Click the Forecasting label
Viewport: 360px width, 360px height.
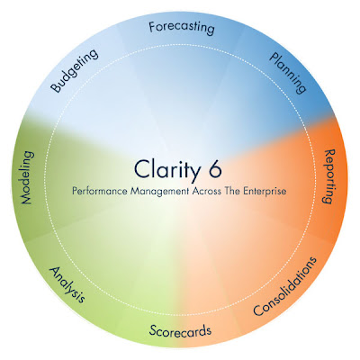pyautogui.click(x=182, y=28)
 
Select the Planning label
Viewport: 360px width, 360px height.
pyautogui.click(x=288, y=73)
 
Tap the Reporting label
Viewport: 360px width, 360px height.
pyautogui.click(x=328, y=176)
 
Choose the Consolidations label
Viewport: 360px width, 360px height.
pyautogui.click(x=284, y=286)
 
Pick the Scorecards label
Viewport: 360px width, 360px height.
pyautogui.click(x=180, y=330)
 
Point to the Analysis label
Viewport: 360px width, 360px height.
pyautogui.click(x=67, y=284)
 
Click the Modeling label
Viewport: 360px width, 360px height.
pyautogui.click(x=27, y=177)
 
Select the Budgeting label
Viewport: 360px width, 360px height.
pyautogui.click(x=74, y=70)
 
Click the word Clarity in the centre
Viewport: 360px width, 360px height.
pyautogui.click(x=166, y=170)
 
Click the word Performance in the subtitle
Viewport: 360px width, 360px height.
pyautogui.click(x=100, y=191)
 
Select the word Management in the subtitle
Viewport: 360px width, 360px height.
pyautogui.click(x=159, y=192)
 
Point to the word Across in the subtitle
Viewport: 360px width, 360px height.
pyautogui.click(x=206, y=191)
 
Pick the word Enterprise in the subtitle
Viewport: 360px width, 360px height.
pyautogui.click(x=265, y=192)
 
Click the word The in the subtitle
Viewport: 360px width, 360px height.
pyautogui.click(x=232, y=191)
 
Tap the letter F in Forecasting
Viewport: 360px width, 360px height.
pyautogui.click(x=152, y=27)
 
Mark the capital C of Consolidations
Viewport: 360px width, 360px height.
pyautogui.click(x=258, y=310)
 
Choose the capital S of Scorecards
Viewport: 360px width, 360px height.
pyautogui.click(x=153, y=330)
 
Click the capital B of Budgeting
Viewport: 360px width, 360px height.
pyautogui.click(x=55, y=87)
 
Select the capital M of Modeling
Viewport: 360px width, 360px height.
pyautogui.click(x=27, y=198)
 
